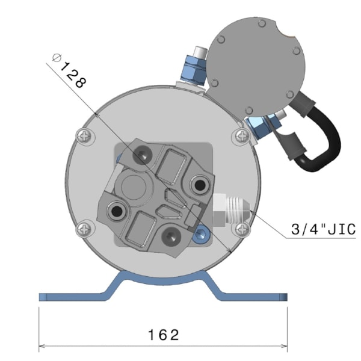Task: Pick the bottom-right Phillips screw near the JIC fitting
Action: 242,229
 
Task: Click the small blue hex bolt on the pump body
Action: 201,232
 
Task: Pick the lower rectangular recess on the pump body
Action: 143,229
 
